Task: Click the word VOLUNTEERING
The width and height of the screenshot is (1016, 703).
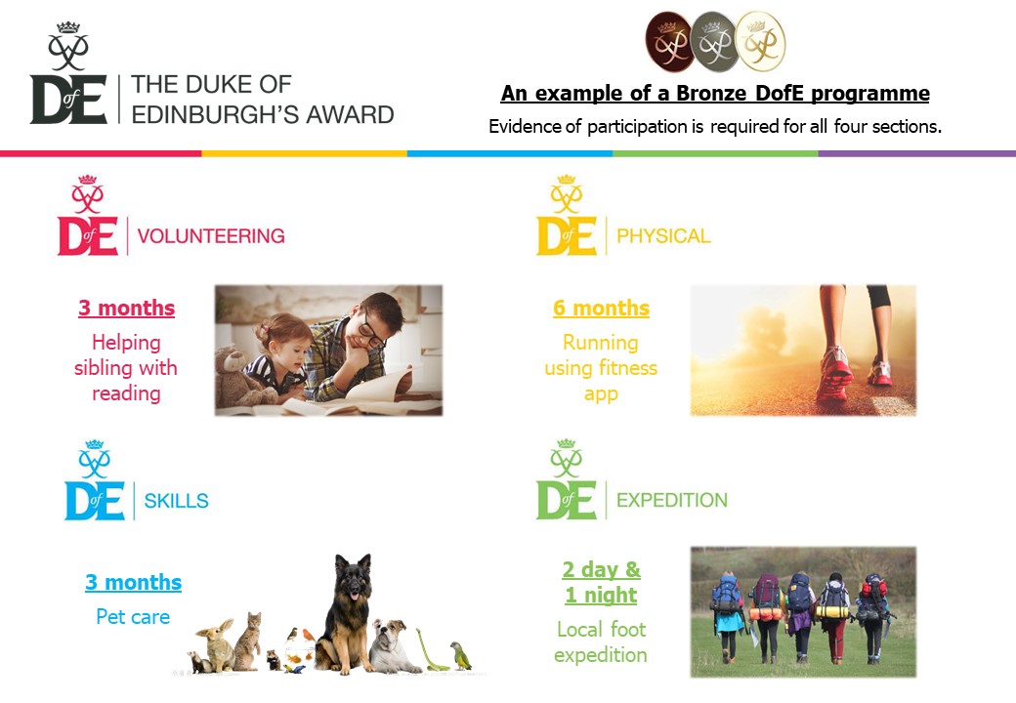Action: pos(210,235)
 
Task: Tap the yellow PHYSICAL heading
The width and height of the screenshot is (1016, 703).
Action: pos(663,235)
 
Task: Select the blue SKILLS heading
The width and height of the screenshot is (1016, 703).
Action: pos(176,501)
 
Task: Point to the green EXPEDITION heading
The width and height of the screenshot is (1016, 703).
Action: pos(672,500)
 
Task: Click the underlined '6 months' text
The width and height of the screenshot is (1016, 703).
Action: pos(601,309)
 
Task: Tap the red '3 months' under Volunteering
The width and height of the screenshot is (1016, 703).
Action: pos(126,309)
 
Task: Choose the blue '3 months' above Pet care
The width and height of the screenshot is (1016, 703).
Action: pos(133,583)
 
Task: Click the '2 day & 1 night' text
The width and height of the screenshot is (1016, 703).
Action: pos(601,582)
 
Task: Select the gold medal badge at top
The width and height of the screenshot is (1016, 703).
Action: pos(759,41)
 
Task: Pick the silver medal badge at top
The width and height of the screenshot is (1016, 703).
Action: pos(714,41)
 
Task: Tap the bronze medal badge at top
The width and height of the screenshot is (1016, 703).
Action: pos(669,41)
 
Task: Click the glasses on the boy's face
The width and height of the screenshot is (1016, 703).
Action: pos(370,332)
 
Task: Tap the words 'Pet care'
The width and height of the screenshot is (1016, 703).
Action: pos(133,617)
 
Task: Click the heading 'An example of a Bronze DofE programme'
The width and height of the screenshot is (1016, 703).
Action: pos(715,95)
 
